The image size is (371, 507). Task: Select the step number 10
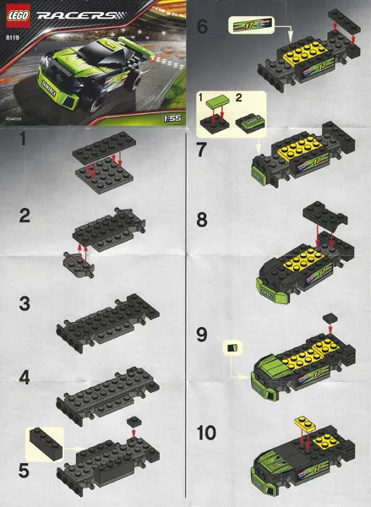(x=208, y=433)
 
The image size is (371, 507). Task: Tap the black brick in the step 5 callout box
(x=46, y=441)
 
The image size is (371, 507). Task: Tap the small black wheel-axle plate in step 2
(x=78, y=264)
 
